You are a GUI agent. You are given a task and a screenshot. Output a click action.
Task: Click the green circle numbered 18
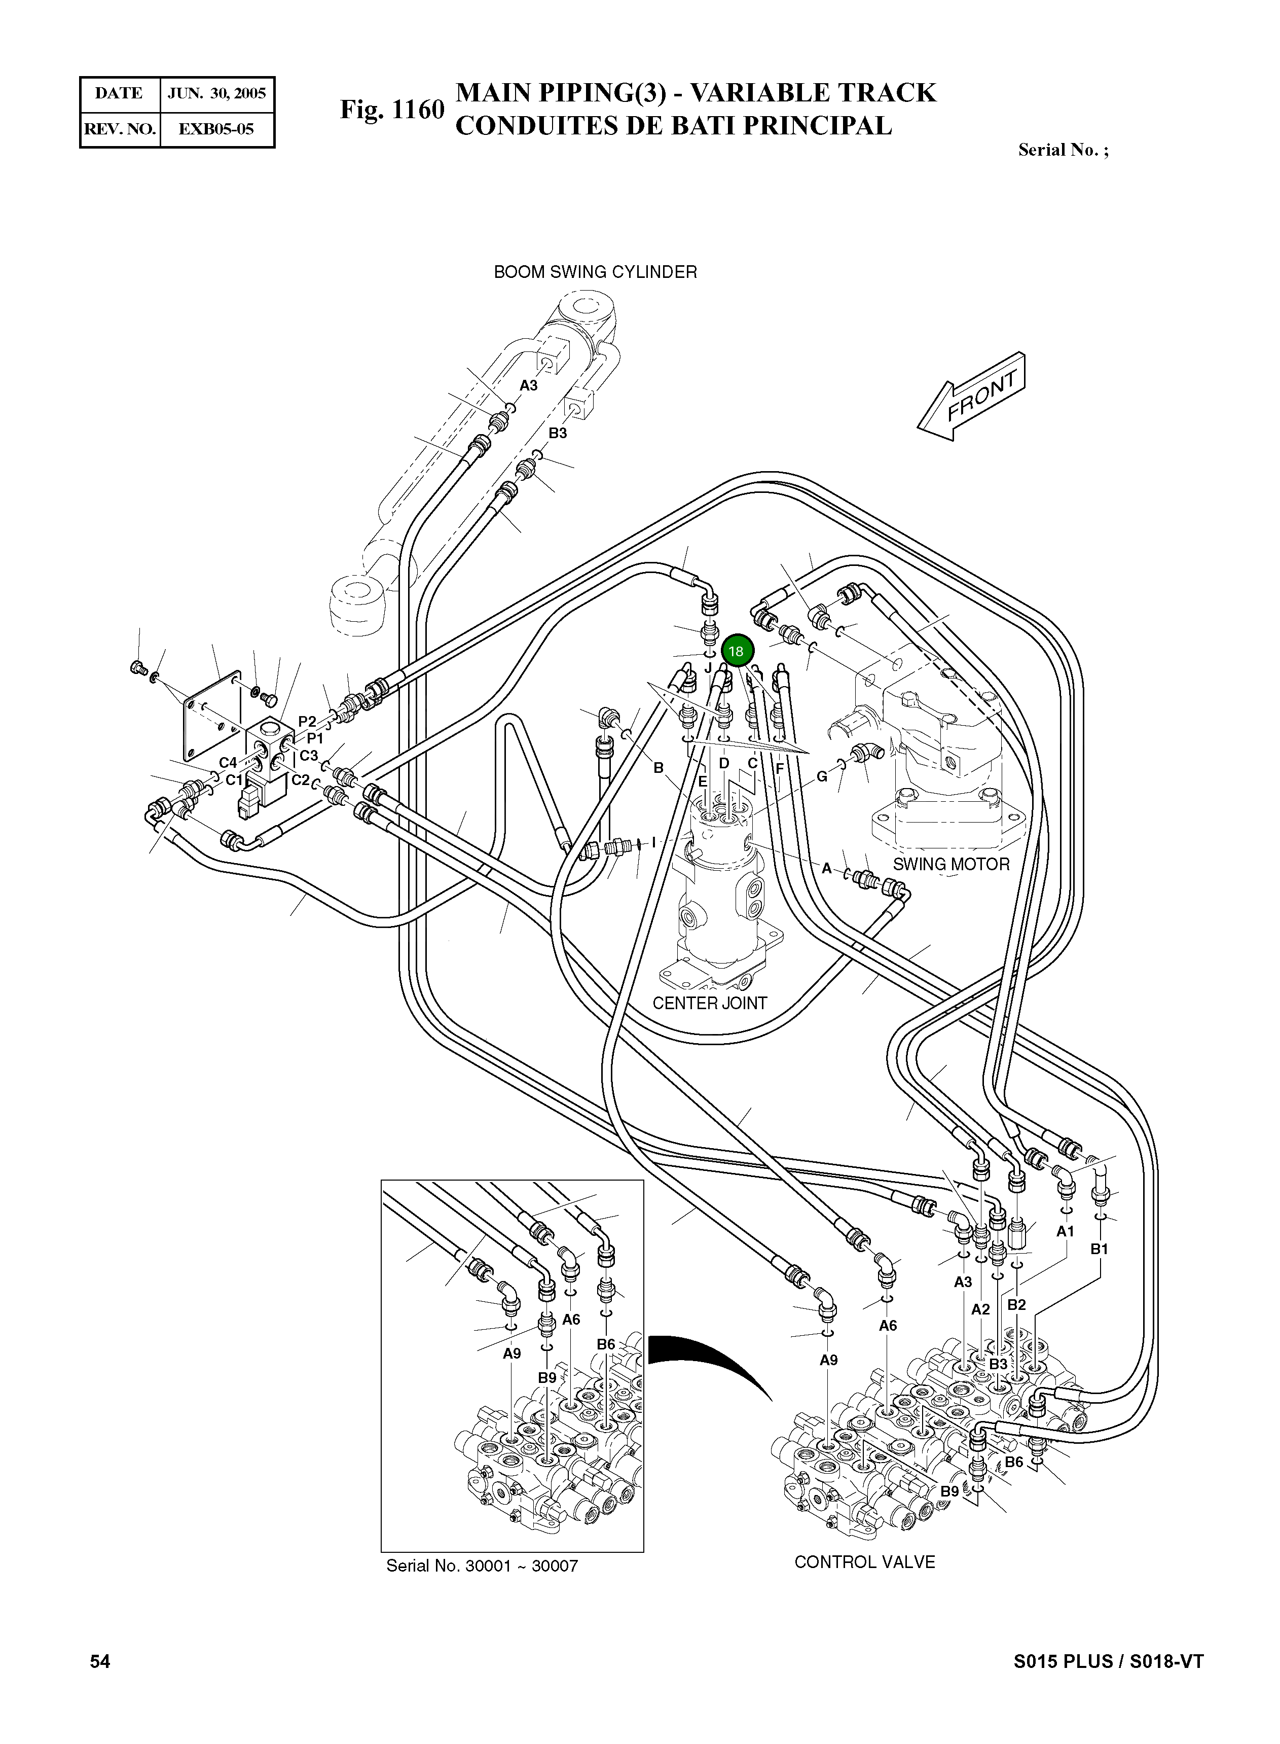pyautogui.click(x=736, y=651)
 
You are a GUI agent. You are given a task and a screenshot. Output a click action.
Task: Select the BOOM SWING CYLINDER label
pyautogui.click(x=595, y=272)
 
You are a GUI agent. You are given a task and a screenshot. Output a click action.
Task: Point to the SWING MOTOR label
pyautogui.click(x=952, y=864)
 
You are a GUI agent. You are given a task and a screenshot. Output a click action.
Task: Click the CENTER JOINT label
pyautogui.click(x=710, y=1003)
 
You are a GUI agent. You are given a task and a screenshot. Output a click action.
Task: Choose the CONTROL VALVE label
pyautogui.click(x=865, y=1562)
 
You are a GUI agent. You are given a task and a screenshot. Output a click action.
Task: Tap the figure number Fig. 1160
pyautogui.click(x=392, y=110)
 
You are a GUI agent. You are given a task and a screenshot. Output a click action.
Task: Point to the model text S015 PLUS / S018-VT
pyautogui.click(x=1108, y=1661)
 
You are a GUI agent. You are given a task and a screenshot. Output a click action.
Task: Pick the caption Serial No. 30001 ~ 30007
pyautogui.click(x=482, y=1565)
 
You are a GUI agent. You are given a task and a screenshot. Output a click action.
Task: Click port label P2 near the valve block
pyautogui.click(x=308, y=722)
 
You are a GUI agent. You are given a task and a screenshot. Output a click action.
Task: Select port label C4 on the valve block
pyautogui.click(x=228, y=763)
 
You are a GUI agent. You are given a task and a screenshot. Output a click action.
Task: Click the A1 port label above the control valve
pyautogui.click(x=1066, y=1231)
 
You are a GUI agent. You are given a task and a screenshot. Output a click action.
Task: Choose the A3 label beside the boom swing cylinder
pyautogui.click(x=528, y=385)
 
